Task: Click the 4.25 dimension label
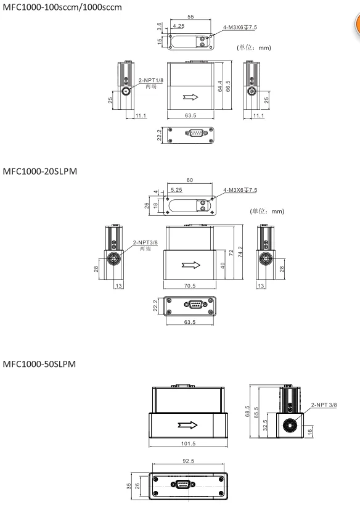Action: click(x=179, y=27)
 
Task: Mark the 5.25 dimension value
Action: click(x=176, y=190)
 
